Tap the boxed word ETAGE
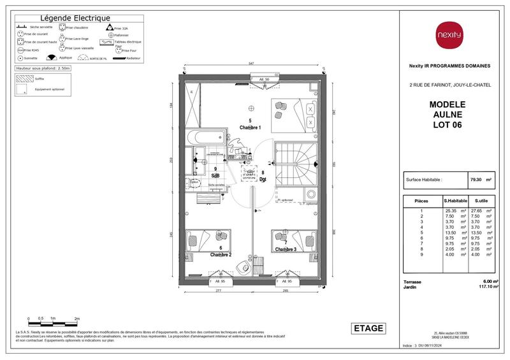pyautogui.click(x=368, y=328)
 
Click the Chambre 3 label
pyautogui.click(x=286, y=248)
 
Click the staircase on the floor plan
pyautogui.click(x=295, y=163)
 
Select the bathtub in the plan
pyautogui.click(x=205, y=136)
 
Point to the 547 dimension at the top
pyautogui.click(x=252, y=64)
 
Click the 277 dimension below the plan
pyautogui.click(x=218, y=291)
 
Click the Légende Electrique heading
pyautogui.click(x=75, y=18)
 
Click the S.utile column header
pyautogui.click(x=482, y=201)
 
